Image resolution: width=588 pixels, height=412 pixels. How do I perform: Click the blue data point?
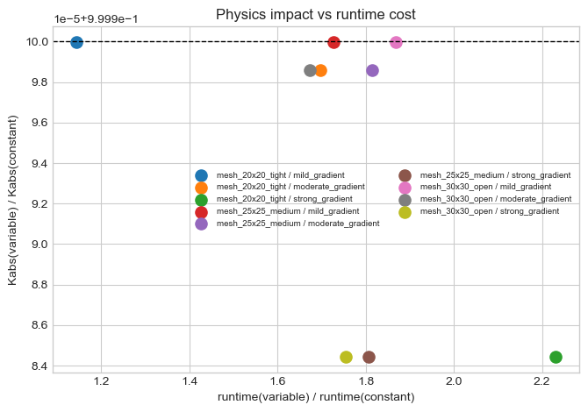click(76, 42)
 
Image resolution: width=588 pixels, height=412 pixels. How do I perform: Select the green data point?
click(556, 357)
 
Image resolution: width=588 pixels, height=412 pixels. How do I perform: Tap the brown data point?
click(369, 357)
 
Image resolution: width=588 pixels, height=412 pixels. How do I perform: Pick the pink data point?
click(396, 42)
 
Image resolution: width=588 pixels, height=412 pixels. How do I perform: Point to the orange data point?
click(320, 70)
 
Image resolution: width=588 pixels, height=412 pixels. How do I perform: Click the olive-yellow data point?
click(346, 357)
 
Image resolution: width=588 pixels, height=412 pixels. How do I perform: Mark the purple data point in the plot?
click(372, 70)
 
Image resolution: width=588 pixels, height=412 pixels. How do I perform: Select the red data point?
click(333, 42)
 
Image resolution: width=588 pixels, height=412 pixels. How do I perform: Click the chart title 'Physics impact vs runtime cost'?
click(316, 14)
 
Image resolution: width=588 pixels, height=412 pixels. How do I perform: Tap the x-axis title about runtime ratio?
click(316, 398)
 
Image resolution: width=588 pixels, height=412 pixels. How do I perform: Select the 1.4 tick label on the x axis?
click(190, 382)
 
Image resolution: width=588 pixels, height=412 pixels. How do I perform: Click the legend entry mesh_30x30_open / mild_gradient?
click(485, 187)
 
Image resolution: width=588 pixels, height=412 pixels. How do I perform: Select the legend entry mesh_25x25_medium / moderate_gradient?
click(298, 224)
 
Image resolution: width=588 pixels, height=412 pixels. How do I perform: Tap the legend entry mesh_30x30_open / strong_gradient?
click(490, 211)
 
